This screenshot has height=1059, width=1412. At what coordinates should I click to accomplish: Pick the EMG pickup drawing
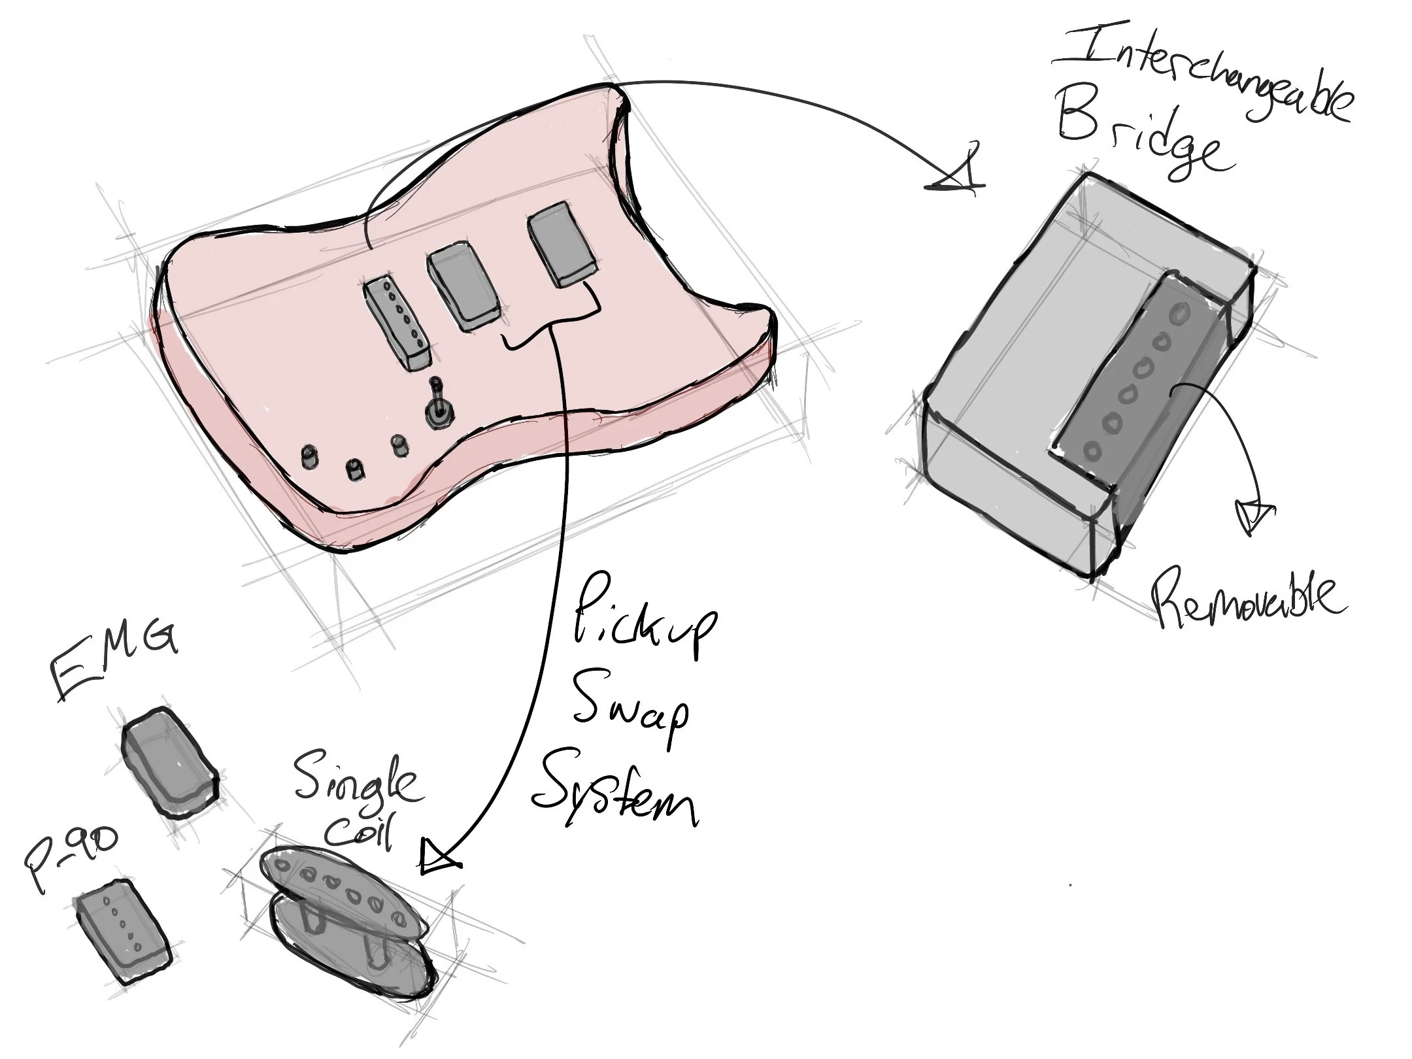pos(169,762)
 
